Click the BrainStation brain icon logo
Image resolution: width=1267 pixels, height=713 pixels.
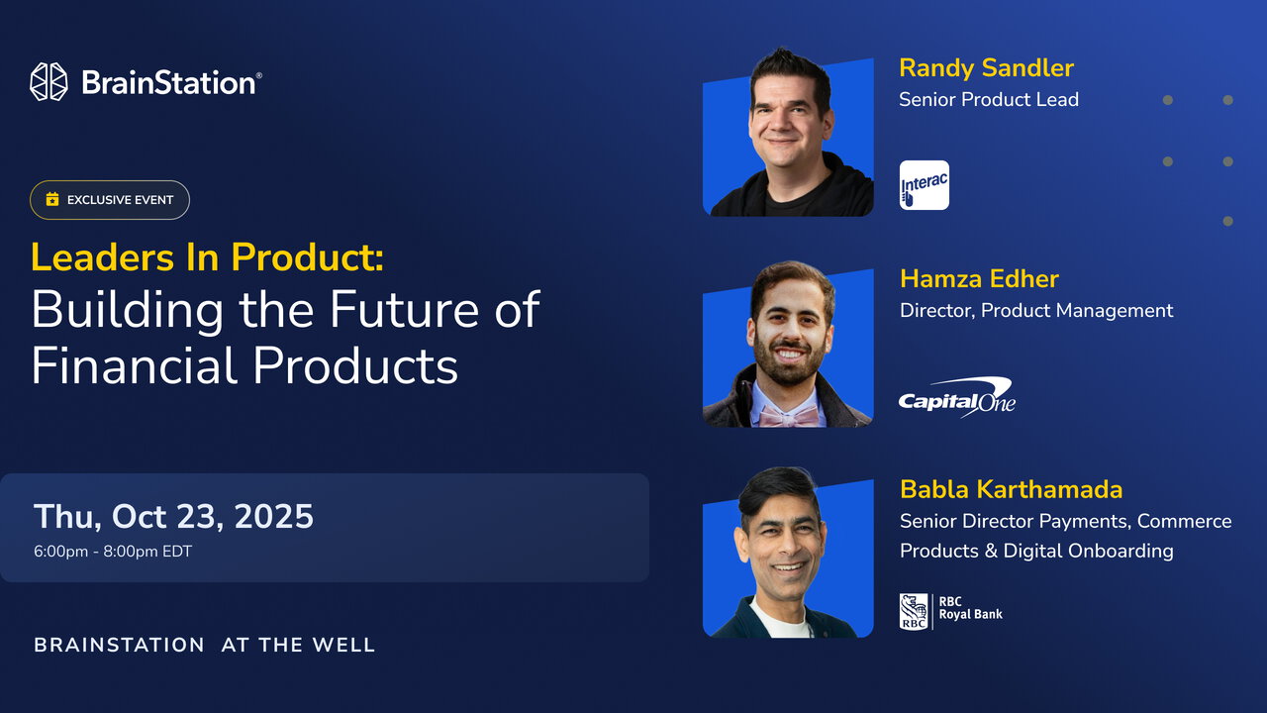[49, 82]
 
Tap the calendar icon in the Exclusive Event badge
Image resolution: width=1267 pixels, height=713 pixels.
[52, 199]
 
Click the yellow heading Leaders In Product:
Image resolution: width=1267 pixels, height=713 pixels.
[207, 256]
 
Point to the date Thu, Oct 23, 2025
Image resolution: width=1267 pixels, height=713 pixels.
[173, 516]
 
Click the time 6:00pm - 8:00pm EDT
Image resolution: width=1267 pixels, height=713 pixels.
[113, 552]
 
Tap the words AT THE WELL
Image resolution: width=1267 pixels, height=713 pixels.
[298, 645]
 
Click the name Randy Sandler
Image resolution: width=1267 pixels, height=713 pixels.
[987, 68]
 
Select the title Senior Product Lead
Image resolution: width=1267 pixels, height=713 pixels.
[989, 100]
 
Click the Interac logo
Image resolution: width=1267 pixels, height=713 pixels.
[925, 185]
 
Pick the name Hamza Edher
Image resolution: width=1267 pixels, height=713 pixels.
[979, 279]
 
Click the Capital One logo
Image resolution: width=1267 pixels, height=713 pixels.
[957, 398]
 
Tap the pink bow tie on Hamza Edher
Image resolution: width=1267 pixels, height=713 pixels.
[788, 417]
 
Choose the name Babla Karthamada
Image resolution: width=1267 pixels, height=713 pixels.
[1012, 489]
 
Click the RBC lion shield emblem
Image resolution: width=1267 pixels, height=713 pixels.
[914, 612]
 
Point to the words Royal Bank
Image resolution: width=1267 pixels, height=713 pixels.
[971, 615]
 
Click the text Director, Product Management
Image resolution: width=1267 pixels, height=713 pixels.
[1036, 311]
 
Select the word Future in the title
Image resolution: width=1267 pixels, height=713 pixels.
[404, 310]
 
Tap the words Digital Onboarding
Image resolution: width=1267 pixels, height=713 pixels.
[1088, 552]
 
